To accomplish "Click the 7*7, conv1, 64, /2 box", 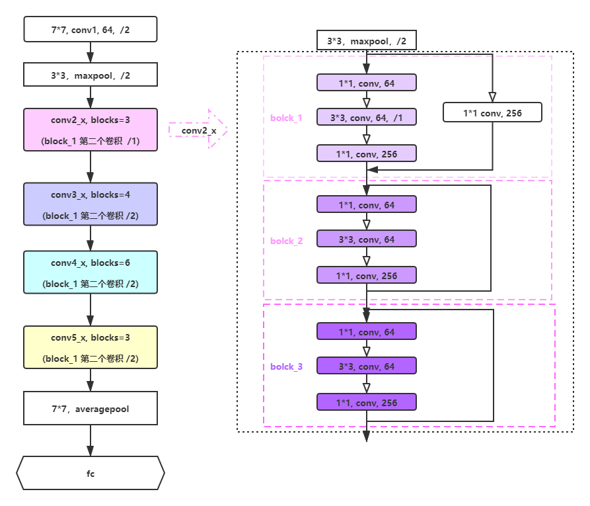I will coord(91,29).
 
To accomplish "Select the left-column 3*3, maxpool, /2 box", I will coord(91,75).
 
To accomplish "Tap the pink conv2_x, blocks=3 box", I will coord(91,130).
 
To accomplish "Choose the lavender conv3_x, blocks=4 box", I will coord(91,204).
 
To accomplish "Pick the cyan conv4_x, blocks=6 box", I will coord(91,272).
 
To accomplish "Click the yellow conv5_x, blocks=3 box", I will coord(91,347).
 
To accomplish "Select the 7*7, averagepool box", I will coord(91,408).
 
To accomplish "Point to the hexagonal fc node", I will coord(91,473).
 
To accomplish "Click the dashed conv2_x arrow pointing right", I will coord(199,130).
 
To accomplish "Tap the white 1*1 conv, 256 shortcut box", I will coord(492,112).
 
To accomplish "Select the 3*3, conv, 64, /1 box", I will coord(367,117).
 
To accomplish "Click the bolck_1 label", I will coord(286,118).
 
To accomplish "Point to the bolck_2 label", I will coord(286,241).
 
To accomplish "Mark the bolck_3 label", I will coord(286,366).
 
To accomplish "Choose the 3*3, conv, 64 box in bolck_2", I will coord(367,239).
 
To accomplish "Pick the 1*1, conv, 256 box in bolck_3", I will coord(367,402).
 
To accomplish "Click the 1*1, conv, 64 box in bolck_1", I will coord(367,83).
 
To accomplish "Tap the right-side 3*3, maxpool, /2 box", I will coord(367,41).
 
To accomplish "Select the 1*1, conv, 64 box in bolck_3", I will coord(367,331).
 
